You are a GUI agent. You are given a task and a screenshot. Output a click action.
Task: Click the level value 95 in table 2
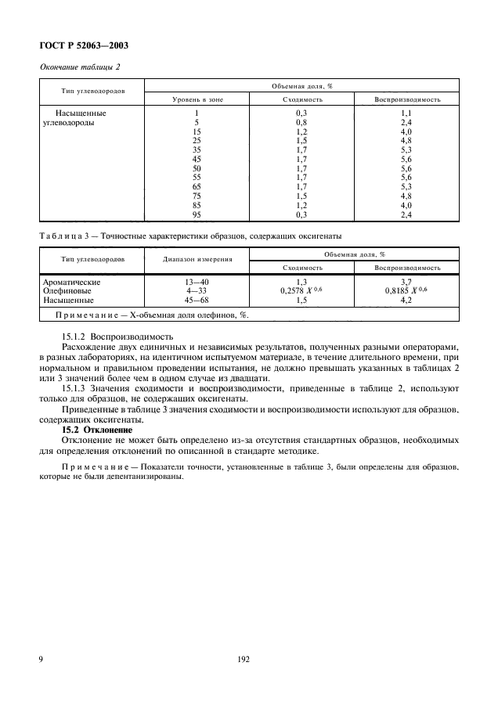tap(197, 214)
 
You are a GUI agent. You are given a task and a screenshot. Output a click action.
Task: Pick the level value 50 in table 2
tap(197, 168)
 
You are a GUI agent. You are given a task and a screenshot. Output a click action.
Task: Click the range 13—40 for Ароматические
tap(196, 280)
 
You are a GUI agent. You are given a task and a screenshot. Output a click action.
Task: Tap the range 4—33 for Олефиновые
tap(196, 290)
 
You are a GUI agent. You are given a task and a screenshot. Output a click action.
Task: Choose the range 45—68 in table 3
tap(196, 299)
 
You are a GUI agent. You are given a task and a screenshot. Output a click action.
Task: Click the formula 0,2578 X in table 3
tap(300, 290)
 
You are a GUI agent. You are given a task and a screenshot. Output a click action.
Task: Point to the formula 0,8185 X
tap(405, 290)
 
